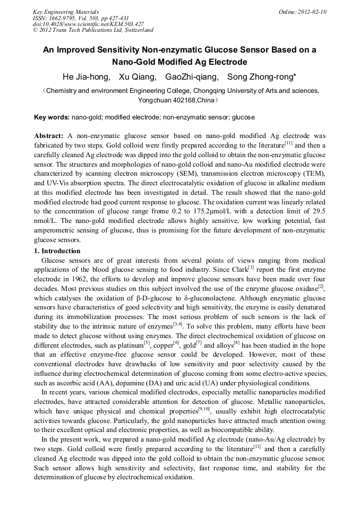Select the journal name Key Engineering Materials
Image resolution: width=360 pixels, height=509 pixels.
tap(65, 12)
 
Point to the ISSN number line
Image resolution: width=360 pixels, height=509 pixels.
tap(78, 18)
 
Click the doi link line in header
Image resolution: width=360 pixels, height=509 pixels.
tap(88, 24)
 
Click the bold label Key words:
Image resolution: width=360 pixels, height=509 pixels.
tap(52, 117)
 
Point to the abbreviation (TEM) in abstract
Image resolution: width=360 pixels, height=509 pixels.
tap(311, 174)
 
